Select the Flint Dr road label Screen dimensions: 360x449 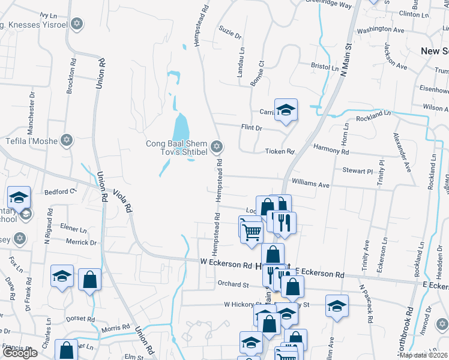click(252, 128)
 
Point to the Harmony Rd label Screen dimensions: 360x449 click(331, 150)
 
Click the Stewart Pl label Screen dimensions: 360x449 click(358, 171)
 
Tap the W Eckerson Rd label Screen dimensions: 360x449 click(226, 265)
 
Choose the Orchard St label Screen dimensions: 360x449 click(234, 284)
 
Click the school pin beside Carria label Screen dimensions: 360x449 click(286, 110)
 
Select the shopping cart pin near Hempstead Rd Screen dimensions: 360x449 click(252, 230)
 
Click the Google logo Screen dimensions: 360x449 click(20, 353)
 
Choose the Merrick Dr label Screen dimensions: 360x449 click(81, 242)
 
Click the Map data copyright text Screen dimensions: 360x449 click(423, 355)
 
